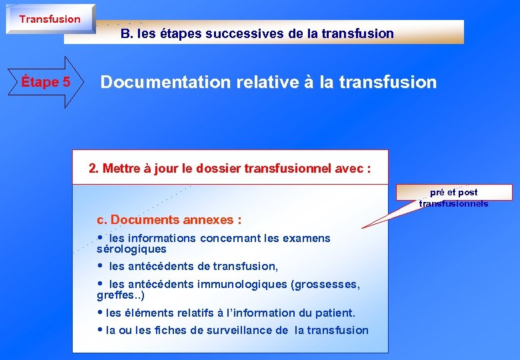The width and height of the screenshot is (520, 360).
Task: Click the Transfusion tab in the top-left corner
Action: click(49, 19)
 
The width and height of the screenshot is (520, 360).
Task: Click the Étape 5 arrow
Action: click(45, 83)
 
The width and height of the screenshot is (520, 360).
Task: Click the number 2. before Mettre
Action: click(94, 169)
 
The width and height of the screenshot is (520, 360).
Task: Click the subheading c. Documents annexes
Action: click(169, 219)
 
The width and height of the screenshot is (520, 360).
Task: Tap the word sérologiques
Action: click(131, 249)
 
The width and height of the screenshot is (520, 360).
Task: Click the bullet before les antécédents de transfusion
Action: click(101, 266)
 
